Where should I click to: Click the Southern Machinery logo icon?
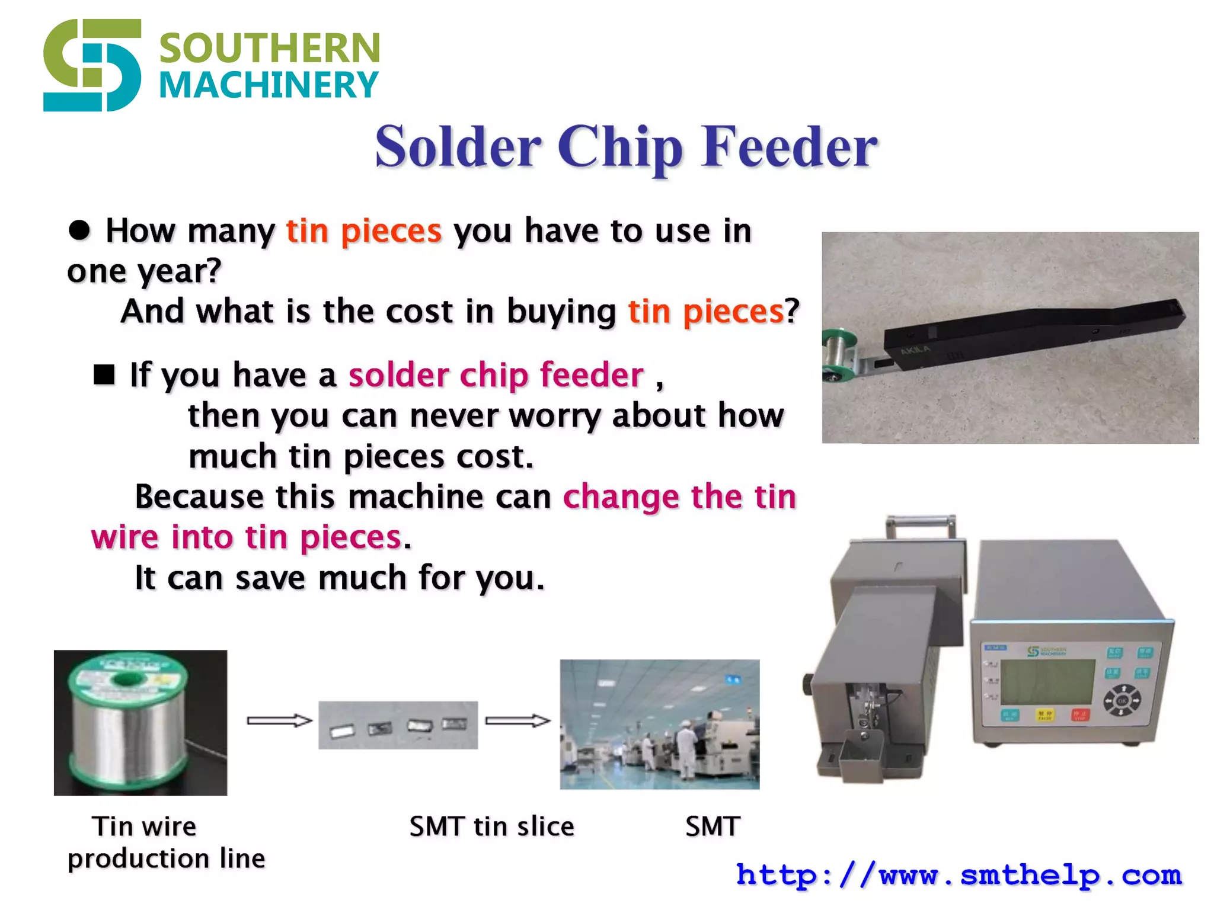coord(92,65)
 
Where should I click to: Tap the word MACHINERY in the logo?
coord(269,85)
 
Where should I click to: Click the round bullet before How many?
coord(79,230)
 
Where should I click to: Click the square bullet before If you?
coord(104,374)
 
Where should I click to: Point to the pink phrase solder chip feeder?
coord(496,375)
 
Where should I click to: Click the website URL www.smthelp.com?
coord(959,875)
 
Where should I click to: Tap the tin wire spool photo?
coord(140,723)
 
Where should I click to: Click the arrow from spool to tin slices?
coord(279,720)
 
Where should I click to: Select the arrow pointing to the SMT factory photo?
coord(517,720)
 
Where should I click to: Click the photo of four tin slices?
coord(398,725)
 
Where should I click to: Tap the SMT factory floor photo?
coord(659,724)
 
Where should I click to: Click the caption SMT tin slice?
coord(491,826)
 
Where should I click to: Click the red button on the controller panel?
coord(1080,714)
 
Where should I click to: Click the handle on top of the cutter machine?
coord(921,524)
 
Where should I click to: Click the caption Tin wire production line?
coord(166,842)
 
